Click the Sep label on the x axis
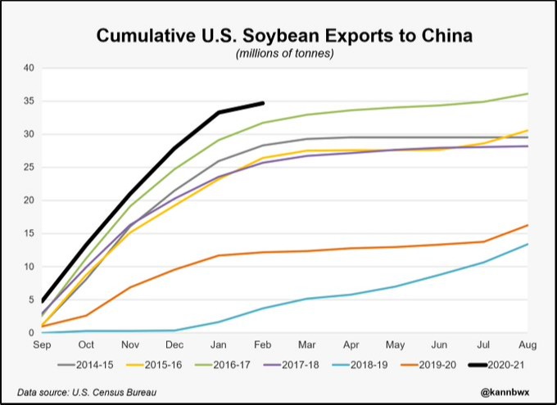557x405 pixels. [x=42, y=344]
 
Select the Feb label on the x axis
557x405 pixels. [x=262, y=344]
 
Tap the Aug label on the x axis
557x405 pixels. [x=528, y=344]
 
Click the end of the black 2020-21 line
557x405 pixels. [x=263, y=103]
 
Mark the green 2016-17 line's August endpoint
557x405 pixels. [x=528, y=93]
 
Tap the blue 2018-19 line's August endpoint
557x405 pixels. [x=528, y=244]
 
